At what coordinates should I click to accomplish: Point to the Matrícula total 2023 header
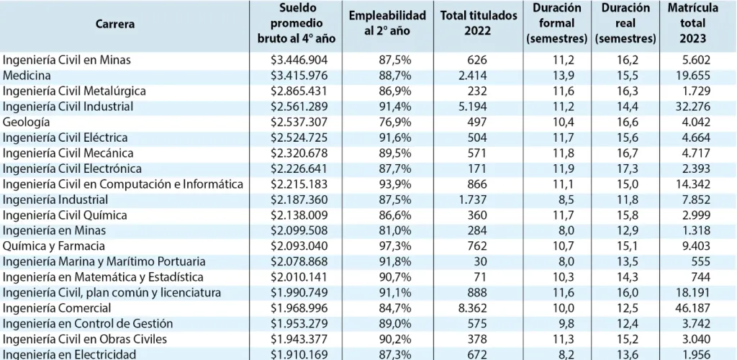pos(692,23)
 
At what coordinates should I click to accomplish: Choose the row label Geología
pos(27,122)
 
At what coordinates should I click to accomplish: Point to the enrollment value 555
pos(702,261)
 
